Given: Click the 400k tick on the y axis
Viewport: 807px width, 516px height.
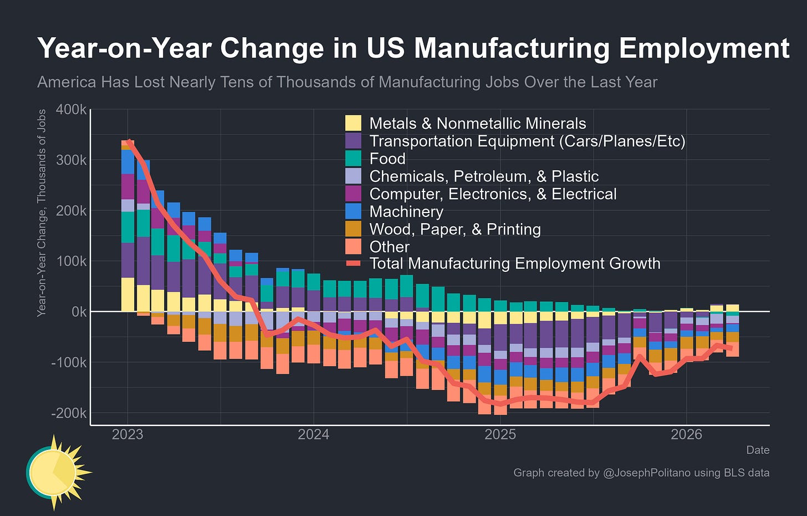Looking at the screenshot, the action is [x=71, y=109].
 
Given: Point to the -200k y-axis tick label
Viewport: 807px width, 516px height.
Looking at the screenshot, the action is [x=69, y=413].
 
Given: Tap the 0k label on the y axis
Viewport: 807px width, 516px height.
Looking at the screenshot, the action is [x=79, y=312].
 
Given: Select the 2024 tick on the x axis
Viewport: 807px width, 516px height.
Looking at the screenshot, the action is [x=314, y=434].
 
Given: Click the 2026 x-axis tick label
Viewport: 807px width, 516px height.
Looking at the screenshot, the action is [x=686, y=434].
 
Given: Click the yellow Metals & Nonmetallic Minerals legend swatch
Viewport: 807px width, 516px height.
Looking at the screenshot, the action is [x=353, y=123].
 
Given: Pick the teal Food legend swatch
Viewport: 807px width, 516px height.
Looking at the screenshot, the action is [x=353, y=158].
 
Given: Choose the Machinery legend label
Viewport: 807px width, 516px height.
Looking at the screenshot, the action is [x=406, y=211].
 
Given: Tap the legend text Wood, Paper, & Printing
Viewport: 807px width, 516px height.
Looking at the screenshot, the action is [x=455, y=229].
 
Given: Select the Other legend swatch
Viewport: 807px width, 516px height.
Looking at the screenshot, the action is [x=353, y=247].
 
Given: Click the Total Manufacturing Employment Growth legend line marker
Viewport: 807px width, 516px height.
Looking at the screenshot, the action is [x=353, y=264].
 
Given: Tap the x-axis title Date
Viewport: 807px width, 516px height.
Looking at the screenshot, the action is [x=758, y=450].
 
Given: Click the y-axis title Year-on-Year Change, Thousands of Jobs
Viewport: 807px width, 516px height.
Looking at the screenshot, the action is [x=42, y=213].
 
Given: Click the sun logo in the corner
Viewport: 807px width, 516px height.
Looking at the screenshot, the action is [x=58, y=472].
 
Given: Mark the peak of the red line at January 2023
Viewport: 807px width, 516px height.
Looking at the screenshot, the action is [x=129, y=141].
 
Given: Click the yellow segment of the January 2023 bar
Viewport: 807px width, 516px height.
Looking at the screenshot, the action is [x=128, y=294].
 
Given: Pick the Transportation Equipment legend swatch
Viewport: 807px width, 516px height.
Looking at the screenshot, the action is [x=353, y=140].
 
